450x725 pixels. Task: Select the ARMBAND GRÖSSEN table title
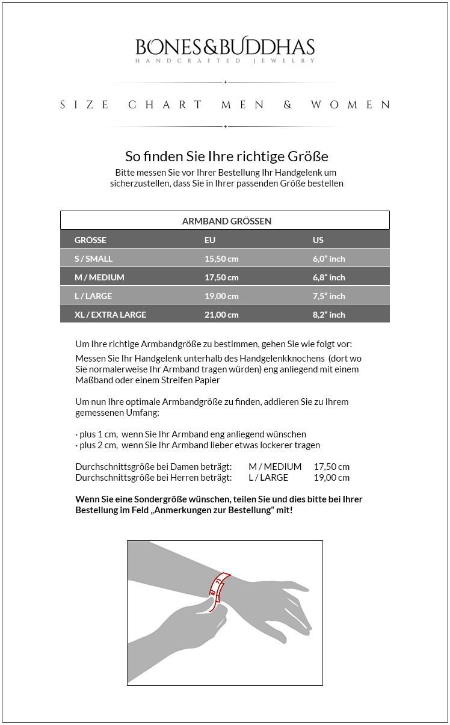click(226, 221)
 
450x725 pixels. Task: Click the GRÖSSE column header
click(90, 240)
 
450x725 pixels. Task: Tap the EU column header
click(210, 240)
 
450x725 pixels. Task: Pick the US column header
click(318, 240)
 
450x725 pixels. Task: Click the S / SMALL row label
click(93, 259)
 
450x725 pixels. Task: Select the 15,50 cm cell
click(221, 259)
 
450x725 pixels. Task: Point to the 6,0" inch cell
click(329, 259)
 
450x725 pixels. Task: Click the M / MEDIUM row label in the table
click(99, 277)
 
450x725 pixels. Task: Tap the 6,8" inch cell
click(329, 277)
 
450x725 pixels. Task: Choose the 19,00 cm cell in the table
click(221, 296)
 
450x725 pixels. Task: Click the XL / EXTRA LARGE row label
click(110, 315)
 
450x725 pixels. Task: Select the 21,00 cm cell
click(221, 315)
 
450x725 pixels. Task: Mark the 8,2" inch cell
click(329, 315)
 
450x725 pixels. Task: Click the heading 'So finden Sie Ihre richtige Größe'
click(226, 156)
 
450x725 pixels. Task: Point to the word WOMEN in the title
click(350, 105)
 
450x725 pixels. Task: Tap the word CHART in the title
click(165, 105)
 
